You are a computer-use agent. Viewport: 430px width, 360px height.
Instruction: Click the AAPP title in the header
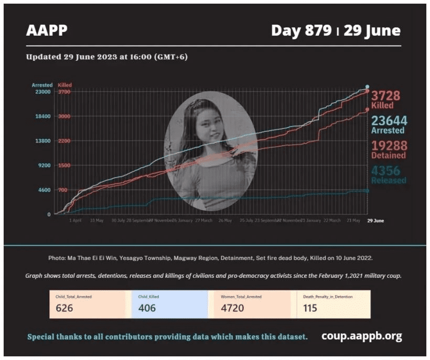pyautogui.click(x=47, y=31)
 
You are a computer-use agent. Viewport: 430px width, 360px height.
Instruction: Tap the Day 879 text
pyautogui.click(x=301, y=31)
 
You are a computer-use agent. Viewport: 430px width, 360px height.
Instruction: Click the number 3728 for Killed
pyautogui.click(x=385, y=96)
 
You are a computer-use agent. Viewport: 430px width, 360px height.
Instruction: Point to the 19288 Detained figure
pyautogui.click(x=389, y=146)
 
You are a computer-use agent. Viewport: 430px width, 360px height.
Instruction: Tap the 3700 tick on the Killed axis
pyautogui.click(x=64, y=92)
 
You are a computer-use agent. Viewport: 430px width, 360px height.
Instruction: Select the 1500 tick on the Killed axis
pyautogui.click(x=64, y=165)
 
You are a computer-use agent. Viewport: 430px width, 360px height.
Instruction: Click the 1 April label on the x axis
pyautogui.click(x=76, y=221)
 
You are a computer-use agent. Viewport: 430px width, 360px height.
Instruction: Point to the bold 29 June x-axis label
pyautogui.click(x=375, y=221)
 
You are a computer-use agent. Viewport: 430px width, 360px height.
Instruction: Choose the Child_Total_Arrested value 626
pyautogui.click(x=64, y=308)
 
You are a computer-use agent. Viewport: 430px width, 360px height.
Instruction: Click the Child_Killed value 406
pyautogui.click(x=147, y=308)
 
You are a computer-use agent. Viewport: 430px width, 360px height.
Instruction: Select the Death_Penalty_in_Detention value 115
pyautogui.click(x=310, y=308)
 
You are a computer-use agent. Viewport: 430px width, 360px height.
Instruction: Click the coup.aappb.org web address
pyautogui.click(x=361, y=336)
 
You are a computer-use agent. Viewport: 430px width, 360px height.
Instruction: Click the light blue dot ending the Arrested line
pyautogui.click(x=367, y=86)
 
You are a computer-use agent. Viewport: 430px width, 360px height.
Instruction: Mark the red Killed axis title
pyautogui.click(x=65, y=85)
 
